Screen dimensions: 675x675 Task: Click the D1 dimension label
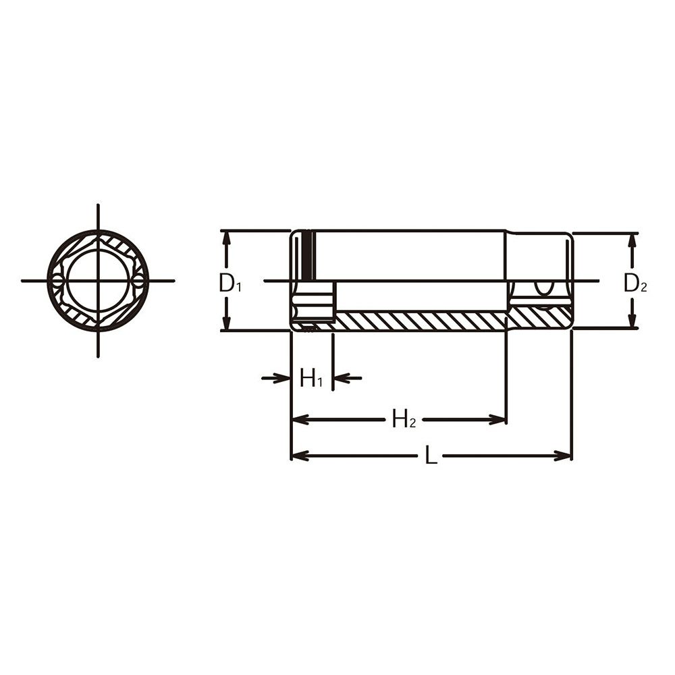[x=230, y=284]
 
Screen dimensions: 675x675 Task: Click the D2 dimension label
[x=635, y=284]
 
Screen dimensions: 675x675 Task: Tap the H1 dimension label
[x=311, y=379]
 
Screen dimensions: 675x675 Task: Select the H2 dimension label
[x=404, y=418]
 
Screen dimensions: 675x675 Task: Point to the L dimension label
[x=431, y=455]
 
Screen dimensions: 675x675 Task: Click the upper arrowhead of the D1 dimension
[x=227, y=239]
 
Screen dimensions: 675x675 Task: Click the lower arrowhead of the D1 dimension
[x=227, y=322]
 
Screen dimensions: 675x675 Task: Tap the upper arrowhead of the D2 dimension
[x=632, y=241]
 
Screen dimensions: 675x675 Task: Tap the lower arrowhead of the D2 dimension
[x=632, y=319]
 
